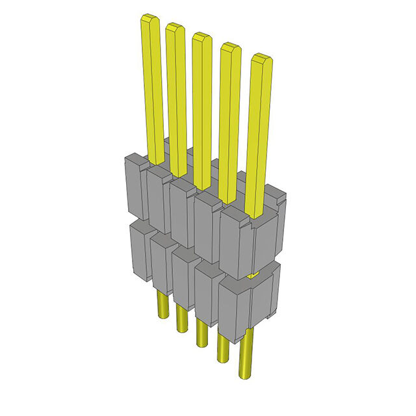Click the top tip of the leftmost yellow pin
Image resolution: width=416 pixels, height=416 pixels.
click(x=149, y=19)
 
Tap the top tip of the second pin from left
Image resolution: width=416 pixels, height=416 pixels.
click(x=174, y=27)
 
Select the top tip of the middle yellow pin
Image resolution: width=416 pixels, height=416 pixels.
click(x=201, y=36)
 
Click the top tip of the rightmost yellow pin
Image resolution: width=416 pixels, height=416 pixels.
click(x=261, y=58)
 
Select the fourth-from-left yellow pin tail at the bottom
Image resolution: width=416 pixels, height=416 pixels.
click(x=223, y=348)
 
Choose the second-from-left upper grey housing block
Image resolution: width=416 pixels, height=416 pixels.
click(x=158, y=198)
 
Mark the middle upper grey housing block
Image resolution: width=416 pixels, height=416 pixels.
click(x=183, y=211)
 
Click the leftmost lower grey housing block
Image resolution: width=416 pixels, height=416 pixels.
click(x=140, y=250)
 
